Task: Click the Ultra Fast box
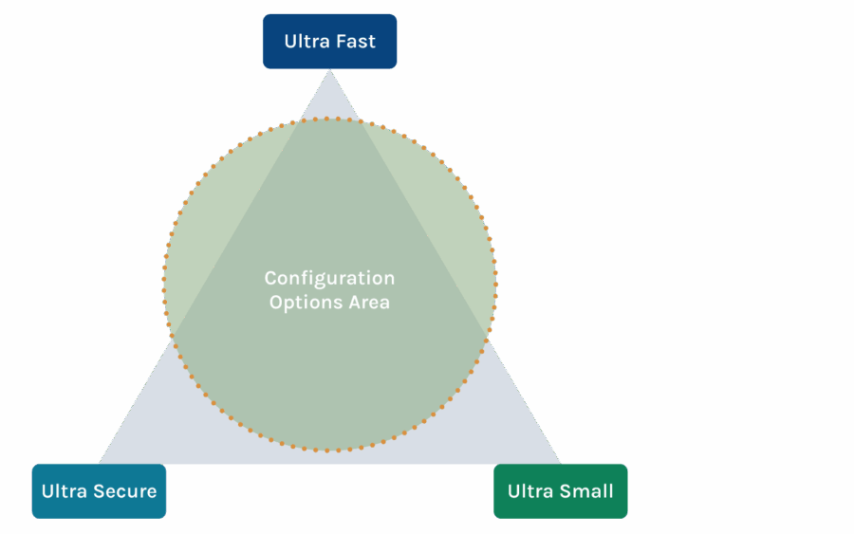[329, 42]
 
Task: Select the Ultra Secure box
[99, 491]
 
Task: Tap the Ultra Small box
[560, 491]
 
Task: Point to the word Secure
[125, 491]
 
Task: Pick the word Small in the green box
[586, 491]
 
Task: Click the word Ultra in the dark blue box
[305, 42]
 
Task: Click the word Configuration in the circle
[329, 278]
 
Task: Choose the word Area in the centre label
[370, 303]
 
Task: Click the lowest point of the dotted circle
[329, 450]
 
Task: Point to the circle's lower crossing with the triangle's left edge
[172, 336]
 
